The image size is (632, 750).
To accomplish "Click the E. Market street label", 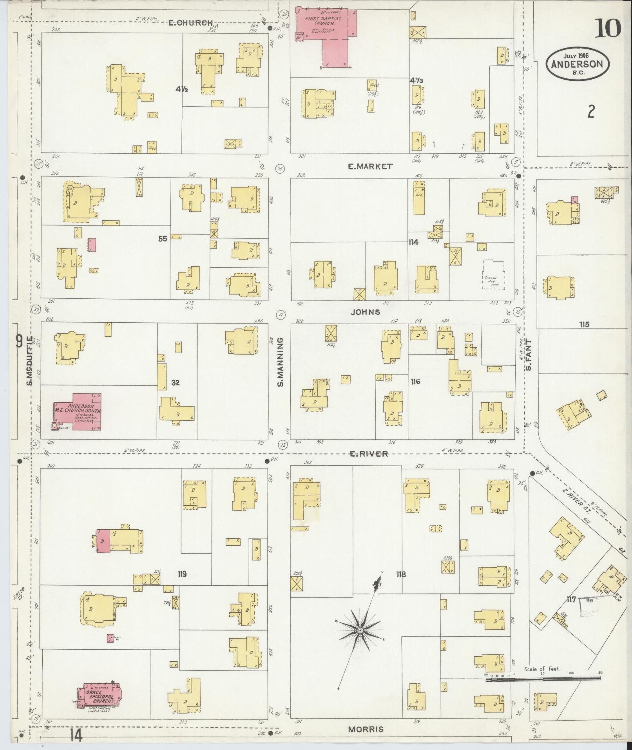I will click(370, 167).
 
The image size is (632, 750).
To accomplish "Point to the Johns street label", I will click(365, 312).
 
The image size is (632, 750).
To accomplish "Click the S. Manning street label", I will click(281, 363).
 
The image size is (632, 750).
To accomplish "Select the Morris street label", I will click(365, 730).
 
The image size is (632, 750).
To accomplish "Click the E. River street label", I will click(368, 454).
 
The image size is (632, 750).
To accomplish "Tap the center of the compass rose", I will click(359, 630).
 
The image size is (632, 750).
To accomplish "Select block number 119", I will click(181, 574).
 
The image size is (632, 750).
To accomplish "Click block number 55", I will click(163, 238).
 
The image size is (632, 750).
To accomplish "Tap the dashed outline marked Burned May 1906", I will click(493, 275).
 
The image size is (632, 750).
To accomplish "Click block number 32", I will click(175, 383).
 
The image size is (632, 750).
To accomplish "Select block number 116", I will click(415, 381).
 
